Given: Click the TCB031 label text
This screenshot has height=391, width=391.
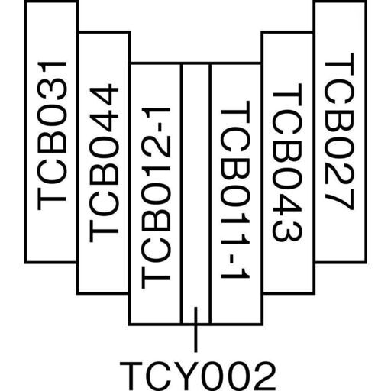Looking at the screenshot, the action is tap(52, 136).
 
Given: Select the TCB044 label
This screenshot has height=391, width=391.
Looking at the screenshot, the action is tap(104, 164).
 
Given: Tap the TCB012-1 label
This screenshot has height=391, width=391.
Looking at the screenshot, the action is tap(156, 198).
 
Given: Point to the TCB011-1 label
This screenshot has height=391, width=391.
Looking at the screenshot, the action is tap(234, 189).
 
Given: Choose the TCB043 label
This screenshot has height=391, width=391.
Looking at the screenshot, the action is tap(287, 162).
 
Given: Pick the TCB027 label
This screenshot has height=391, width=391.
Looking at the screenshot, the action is tap(339, 131).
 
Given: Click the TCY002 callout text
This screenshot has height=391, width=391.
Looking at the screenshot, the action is tap(198, 376).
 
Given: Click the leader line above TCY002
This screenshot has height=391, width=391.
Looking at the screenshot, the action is tap(195, 330).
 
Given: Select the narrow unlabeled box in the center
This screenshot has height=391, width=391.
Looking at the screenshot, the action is tap(195, 193).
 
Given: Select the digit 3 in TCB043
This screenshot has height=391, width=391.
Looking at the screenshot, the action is tap(287, 230).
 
